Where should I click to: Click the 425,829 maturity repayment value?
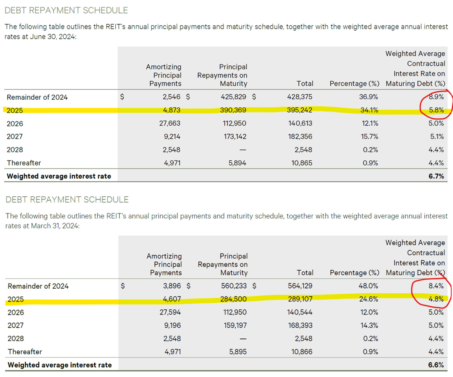coord(234,97)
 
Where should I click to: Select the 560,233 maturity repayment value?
coord(234,286)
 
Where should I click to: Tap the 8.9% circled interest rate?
coord(437,97)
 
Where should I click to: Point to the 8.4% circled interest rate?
coord(437,286)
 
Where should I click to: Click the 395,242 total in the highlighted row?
coord(300,110)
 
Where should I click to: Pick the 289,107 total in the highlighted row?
coord(300,299)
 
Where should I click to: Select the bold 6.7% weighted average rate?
coord(436,176)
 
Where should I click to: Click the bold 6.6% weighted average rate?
coord(436,365)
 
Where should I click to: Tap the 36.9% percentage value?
coord(369,97)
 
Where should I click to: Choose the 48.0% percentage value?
coord(369,286)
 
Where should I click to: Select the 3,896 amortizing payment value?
coord(172,286)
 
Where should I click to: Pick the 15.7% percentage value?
coord(369,136)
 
